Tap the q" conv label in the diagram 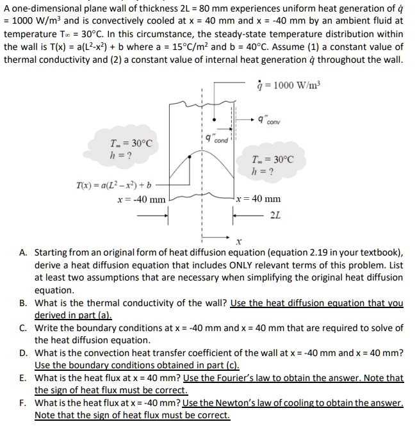(x=270, y=119)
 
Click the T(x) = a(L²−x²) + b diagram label (x=113, y=185)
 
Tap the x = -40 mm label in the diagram (x=141, y=199)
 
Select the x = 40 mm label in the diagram (x=259, y=199)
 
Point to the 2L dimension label (x=275, y=215)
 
